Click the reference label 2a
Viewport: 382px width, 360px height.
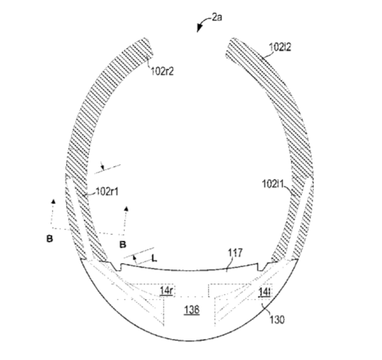[x=217, y=17]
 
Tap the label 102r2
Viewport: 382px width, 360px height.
[x=162, y=72]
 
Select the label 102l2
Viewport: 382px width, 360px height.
[x=280, y=47]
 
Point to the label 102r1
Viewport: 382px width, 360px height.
[x=107, y=192]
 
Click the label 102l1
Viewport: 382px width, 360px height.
[x=273, y=184]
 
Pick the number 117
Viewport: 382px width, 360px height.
[x=235, y=253]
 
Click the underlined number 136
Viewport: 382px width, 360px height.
[x=192, y=310]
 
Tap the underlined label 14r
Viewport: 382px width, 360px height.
[x=166, y=291]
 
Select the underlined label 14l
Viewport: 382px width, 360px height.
[x=264, y=292]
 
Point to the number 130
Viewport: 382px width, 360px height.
[x=277, y=319]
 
